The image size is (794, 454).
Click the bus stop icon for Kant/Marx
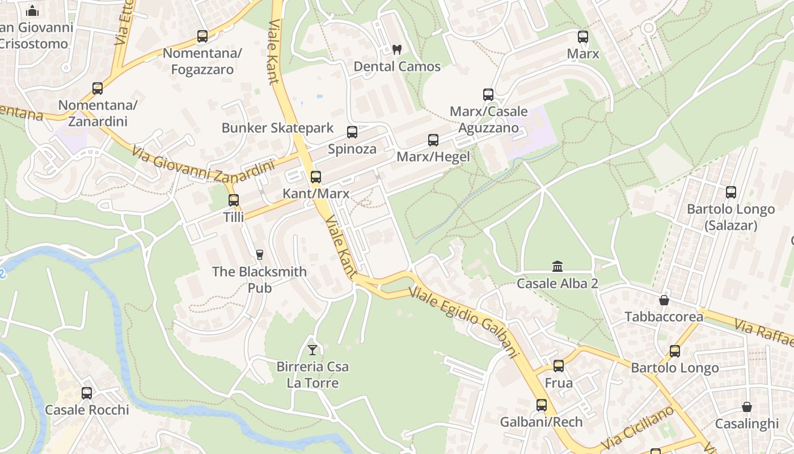pyautogui.click(x=316, y=177)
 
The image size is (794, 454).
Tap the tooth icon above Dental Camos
pyautogui.click(x=397, y=49)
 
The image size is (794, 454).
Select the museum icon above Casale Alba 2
pyautogui.click(x=558, y=266)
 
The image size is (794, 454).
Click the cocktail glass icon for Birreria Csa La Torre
pyautogui.click(x=312, y=350)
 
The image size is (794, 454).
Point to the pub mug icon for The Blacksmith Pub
pyautogui.click(x=260, y=254)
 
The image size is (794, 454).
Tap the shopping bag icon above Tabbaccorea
pyautogui.click(x=664, y=300)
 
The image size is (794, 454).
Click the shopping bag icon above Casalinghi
pyautogui.click(x=747, y=407)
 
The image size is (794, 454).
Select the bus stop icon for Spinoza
pyautogui.click(x=352, y=132)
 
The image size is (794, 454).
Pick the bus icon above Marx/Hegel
pyautogui.click(x=433, y=140)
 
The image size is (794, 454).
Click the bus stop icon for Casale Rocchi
pyautogui.click(x=87, y=393)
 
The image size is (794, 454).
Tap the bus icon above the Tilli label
pyautogui.click(x=233, y=200)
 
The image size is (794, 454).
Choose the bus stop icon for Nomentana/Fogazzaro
pyautogui.click(x=202, y=36)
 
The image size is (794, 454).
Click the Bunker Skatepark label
pyautogui.click(x=277, y=128)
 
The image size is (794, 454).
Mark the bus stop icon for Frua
pyautogui.click(x=559, y=366)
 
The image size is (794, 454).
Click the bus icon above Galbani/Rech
pyautogui.click(x=542, y=405)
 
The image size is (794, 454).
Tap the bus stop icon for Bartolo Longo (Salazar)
pyautogui.click(x=731, y=192)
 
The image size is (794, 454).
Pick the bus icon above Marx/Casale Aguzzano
pyautogui.click(x=488, y=94)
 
